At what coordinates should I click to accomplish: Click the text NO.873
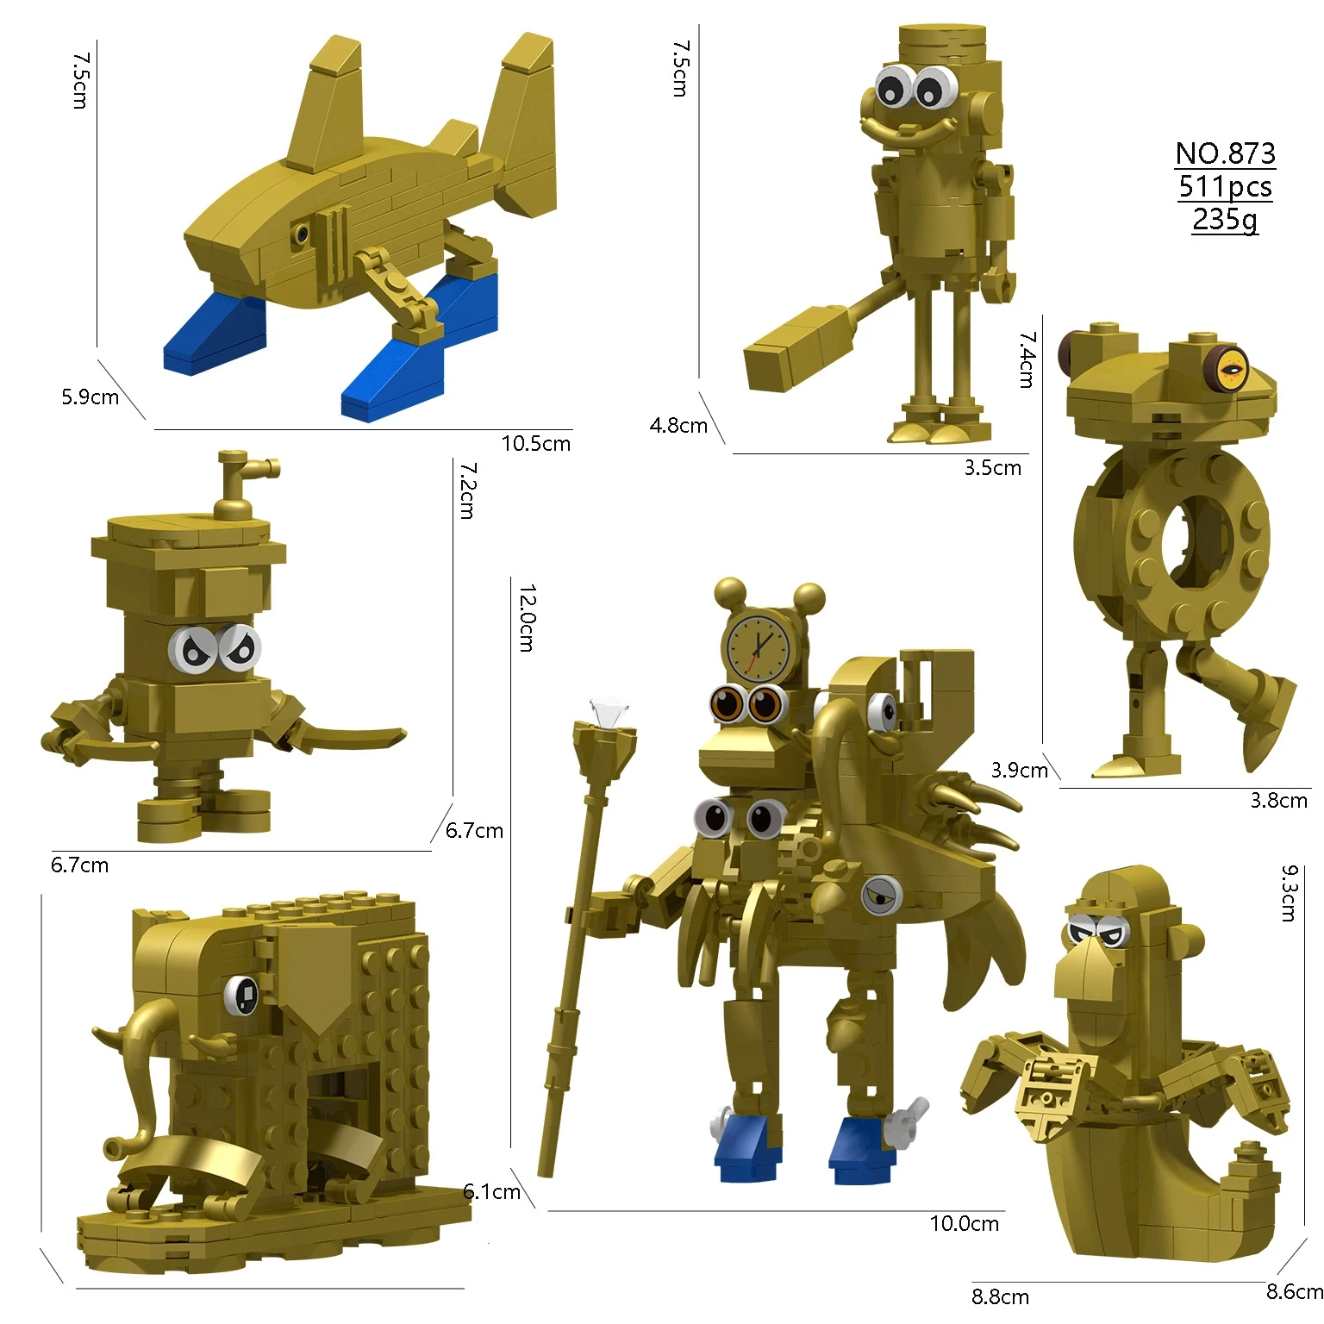click(x=1225, y=153)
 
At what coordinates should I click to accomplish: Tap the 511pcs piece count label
click(x=1225, y=186)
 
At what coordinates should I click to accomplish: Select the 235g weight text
click(x=1225, y=219)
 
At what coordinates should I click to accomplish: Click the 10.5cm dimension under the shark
click(x=535, y=444)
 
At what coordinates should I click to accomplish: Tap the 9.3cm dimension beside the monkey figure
click(x=1289, y=894)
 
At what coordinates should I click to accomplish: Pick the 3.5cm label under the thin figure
click(x=992, y=468)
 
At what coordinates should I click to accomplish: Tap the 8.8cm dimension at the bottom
click(x=1000, y=1296)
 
